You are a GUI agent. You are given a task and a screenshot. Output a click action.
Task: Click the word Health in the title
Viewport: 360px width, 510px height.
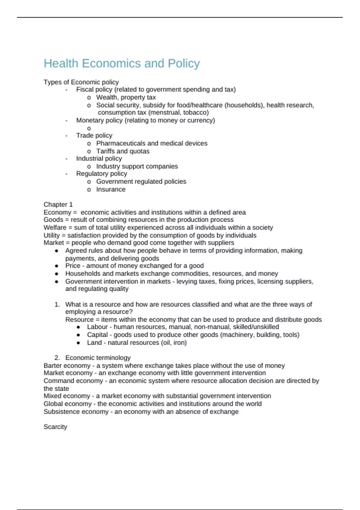61,64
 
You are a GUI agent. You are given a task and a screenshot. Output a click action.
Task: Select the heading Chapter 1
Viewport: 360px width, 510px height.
58,205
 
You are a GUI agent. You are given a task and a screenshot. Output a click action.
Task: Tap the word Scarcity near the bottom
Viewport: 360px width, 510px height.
55,427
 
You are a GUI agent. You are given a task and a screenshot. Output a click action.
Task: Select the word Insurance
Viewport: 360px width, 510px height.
111,189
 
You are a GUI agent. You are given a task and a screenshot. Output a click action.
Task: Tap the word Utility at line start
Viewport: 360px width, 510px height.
52,235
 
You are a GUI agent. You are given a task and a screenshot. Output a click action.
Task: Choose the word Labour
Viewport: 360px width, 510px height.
97,327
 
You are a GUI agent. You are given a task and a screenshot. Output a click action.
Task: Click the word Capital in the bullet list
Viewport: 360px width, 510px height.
97,334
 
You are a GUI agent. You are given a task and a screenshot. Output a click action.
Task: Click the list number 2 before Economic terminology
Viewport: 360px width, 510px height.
57,358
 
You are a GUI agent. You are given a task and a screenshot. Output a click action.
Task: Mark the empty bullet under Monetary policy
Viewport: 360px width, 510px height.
89,128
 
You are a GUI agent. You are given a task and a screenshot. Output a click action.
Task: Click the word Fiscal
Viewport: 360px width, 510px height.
85,89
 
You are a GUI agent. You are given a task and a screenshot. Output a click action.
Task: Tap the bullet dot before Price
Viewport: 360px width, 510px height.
57,266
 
